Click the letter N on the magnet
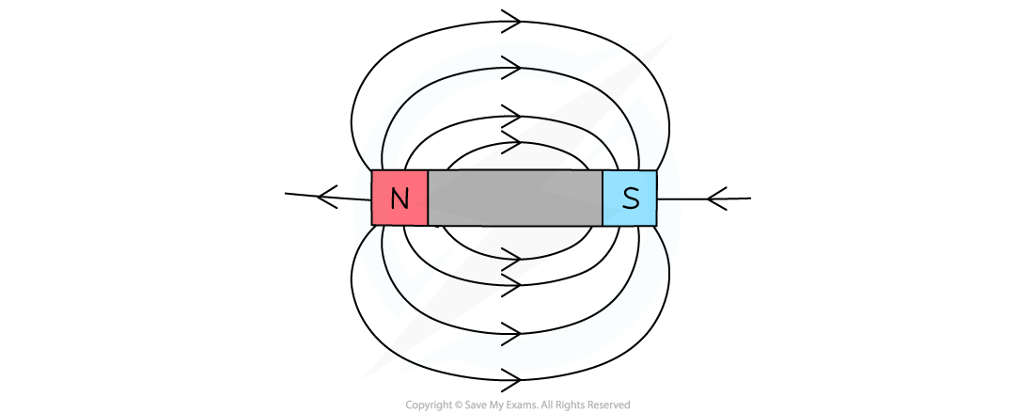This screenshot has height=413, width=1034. pyautogui.click(x=399, y=199)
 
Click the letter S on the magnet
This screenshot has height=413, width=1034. pyautogui.click(x=631, y=199)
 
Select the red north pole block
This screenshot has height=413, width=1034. pyautogui.click(x=399, y=198)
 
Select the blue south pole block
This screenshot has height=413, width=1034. pyautogui.click(x=630, y=198)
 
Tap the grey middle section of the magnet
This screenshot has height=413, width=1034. pyautogui.click(x=515, y=198)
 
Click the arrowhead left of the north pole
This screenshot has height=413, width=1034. pyautogui.click(x=327, y=197)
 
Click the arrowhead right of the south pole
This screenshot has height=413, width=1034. pyautogui.click(x=717, y=198)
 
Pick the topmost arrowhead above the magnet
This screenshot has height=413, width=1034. pyautogui.click(x=511, y=21)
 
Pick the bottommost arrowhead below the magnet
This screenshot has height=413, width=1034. pyautogui.click(x=511, y=380)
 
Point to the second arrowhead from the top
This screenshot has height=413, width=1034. pyautogui.click(x=511, y=68)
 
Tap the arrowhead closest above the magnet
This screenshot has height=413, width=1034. pyautogui.click(x=511, y=142)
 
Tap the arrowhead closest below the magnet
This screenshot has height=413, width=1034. pyautogui.click(x=511, y=259)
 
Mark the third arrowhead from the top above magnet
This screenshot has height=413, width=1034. pyautogui.click(x=511, y=116)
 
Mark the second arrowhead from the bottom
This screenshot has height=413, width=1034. pyautogui.click(x=511, y=334)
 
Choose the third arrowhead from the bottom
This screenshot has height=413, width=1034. pyautogui.click(x=511, y=285)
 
